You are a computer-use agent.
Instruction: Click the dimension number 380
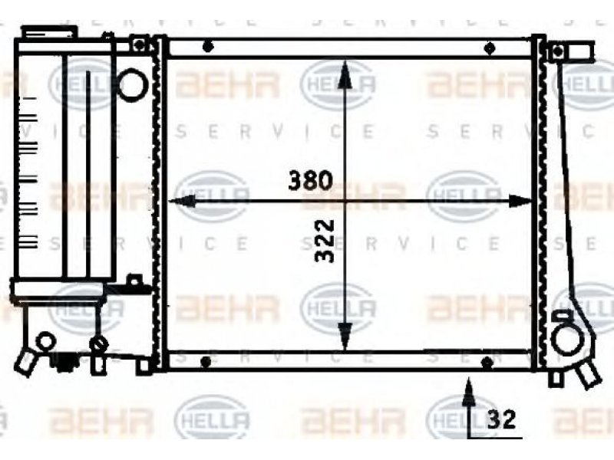pos(310,180)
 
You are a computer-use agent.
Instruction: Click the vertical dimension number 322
pos(325,241)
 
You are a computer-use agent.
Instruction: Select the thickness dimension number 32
pos(501,419)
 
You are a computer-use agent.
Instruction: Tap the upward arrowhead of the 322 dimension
pos(344,74)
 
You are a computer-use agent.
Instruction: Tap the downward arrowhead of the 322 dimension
pos(345,337)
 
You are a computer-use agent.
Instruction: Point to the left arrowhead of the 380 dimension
pos(181,201)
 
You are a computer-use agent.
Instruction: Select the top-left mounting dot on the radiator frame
pos(208,47)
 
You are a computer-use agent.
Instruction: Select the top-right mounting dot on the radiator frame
pos(490,48)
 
